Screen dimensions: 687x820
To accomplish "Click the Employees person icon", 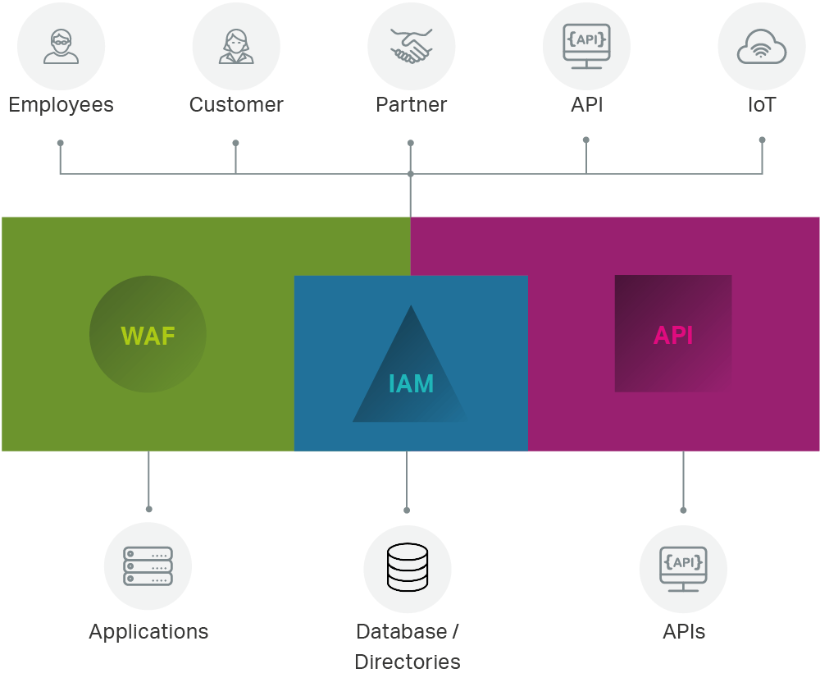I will (61, 46).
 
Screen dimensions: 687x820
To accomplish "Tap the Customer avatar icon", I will (236, 47).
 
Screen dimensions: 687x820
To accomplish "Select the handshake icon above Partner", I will (411, 46).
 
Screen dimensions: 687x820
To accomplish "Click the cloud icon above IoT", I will (761, 48).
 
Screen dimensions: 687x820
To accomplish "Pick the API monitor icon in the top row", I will (586, 44).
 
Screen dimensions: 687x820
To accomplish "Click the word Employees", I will (61, 105).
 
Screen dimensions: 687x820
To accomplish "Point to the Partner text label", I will (411, 105).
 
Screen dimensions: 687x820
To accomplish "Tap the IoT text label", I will (761, 105).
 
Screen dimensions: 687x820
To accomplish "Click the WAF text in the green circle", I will (148, 336).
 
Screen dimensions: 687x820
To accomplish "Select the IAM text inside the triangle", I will (411, 383).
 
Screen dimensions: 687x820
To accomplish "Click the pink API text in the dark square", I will (673, 336).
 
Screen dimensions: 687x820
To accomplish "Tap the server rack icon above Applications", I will (148, 566).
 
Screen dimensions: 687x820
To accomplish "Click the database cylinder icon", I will (408, 567).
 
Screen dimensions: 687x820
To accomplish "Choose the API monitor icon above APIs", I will (683, 568).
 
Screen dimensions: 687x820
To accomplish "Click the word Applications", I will (148, 631).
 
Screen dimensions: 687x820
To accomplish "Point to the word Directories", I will (408, 662).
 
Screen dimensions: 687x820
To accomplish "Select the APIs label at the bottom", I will (683, 631).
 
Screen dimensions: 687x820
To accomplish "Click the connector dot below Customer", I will (235, 143).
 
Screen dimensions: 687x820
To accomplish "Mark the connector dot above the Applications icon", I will (148, 509).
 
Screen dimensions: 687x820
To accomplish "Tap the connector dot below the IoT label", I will (762, 140).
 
